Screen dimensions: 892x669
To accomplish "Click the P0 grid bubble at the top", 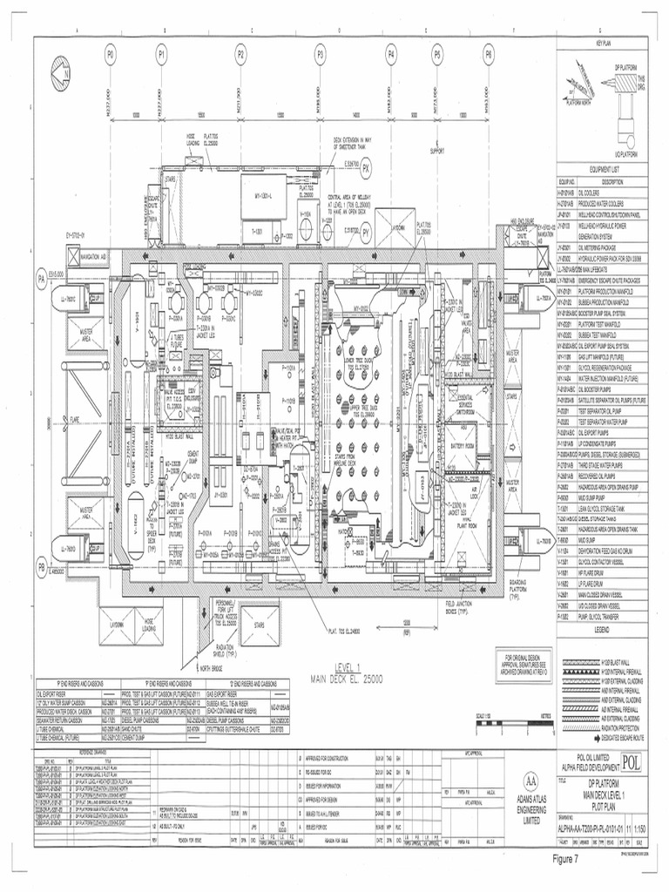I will pyautogui.click(x=111, y=54).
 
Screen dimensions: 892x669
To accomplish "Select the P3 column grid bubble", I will pyautogui.click(x=320, y=54).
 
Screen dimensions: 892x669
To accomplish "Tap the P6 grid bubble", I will pyautogui.click(x=489, y=54).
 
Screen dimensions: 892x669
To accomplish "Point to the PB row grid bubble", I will pyautogui.click(x=40, y=567).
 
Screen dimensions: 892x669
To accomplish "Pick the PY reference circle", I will pyautogui.click(x=367, y=232).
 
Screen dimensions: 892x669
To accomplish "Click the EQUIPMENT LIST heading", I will pyautogui.click(x=604, y=170).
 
